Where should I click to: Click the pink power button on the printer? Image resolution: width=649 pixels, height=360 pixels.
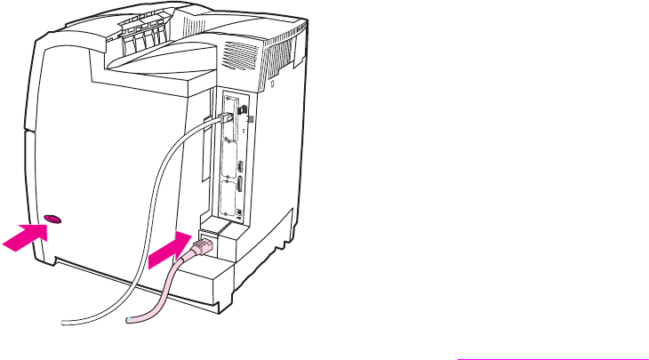click(52, 217)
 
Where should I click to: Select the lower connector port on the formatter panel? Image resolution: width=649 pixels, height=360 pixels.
click(239, 186)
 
